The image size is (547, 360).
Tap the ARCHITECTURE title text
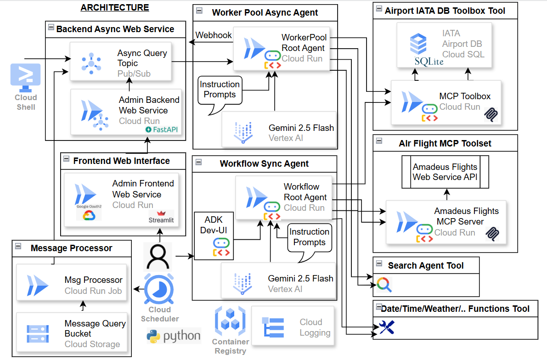pos(115,7)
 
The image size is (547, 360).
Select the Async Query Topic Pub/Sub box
pos(120,61)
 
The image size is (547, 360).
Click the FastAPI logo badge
pos(162,129)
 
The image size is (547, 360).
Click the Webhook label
pos(214,35)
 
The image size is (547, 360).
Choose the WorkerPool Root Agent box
pos(281,48)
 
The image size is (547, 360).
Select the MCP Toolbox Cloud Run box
pos(446,102)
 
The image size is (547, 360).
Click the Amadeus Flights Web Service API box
pos(445,172)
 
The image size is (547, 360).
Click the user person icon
pos(158,256)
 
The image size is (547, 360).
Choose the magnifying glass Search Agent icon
pos(383,285)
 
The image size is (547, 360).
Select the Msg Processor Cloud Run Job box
pos(72,285)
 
